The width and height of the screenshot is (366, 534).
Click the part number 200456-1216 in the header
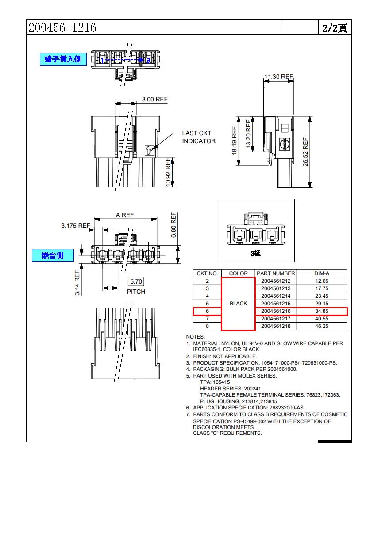coord(62,27)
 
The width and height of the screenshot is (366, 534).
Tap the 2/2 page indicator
coord(335,28)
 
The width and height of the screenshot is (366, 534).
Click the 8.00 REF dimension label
coord(154,99)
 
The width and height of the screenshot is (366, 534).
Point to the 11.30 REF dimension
coord(278,77)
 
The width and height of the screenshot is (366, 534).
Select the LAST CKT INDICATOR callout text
coord(199,137)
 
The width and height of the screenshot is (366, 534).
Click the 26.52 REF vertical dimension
coord(305,152)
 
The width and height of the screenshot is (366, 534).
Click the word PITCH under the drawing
coord(136,292)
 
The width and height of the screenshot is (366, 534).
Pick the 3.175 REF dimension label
coord(75,226)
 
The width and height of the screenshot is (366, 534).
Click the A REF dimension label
coord(125,215)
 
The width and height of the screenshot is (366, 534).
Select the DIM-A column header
coord(322,273)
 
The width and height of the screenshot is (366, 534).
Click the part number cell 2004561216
coord(276,311)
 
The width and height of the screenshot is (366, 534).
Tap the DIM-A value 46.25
coord(322,326)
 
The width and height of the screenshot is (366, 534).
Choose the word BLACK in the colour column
coord(239,304)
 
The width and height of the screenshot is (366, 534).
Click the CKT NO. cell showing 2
coord(207,281)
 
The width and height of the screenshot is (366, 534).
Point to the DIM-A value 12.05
coord(322,281)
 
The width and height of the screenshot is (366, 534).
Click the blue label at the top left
coord(63,59)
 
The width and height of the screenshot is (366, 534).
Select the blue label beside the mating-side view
coord(53,256)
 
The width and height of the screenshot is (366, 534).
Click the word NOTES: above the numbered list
coord(196,337)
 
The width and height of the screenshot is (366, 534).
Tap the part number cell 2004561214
coord(276,296)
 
